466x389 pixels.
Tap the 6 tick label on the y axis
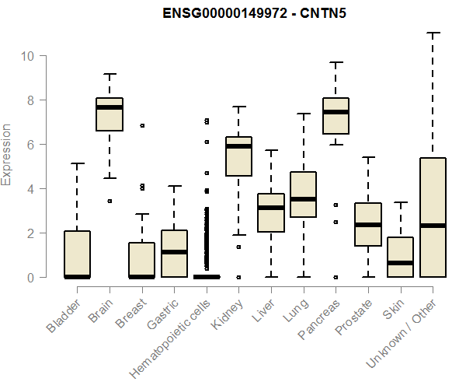29,145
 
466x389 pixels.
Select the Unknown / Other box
433,217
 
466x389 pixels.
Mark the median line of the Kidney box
238,146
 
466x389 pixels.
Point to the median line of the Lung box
303,199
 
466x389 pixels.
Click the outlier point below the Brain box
110,201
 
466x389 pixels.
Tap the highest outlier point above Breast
141,125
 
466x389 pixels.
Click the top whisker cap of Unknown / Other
433,33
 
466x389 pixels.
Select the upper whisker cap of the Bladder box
77,163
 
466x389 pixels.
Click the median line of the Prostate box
368,225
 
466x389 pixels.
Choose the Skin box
400,257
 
